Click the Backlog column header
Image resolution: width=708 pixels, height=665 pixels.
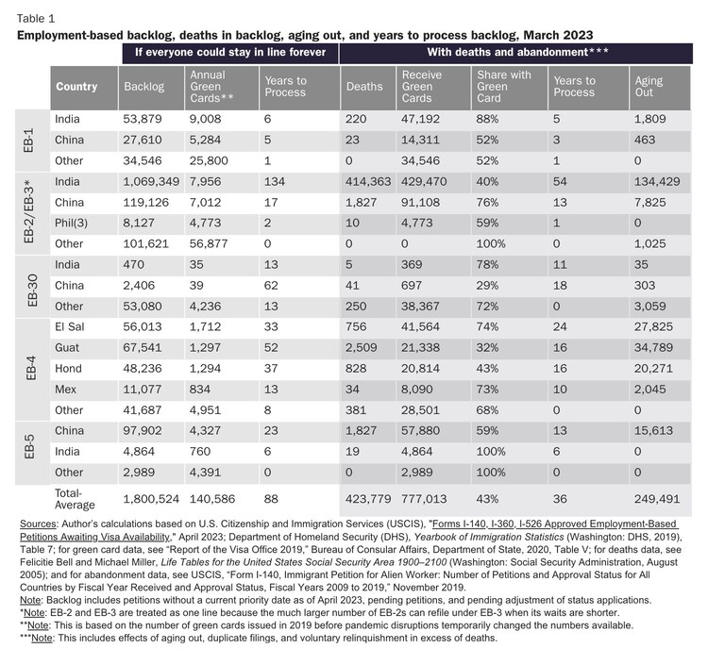(144, 87)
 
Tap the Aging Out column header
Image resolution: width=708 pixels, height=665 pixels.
(649, 87)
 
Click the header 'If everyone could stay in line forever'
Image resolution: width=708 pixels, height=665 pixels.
(229, 53)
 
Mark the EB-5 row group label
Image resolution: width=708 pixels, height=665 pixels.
(28, 448)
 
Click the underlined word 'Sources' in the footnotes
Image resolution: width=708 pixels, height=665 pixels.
(42, 523)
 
